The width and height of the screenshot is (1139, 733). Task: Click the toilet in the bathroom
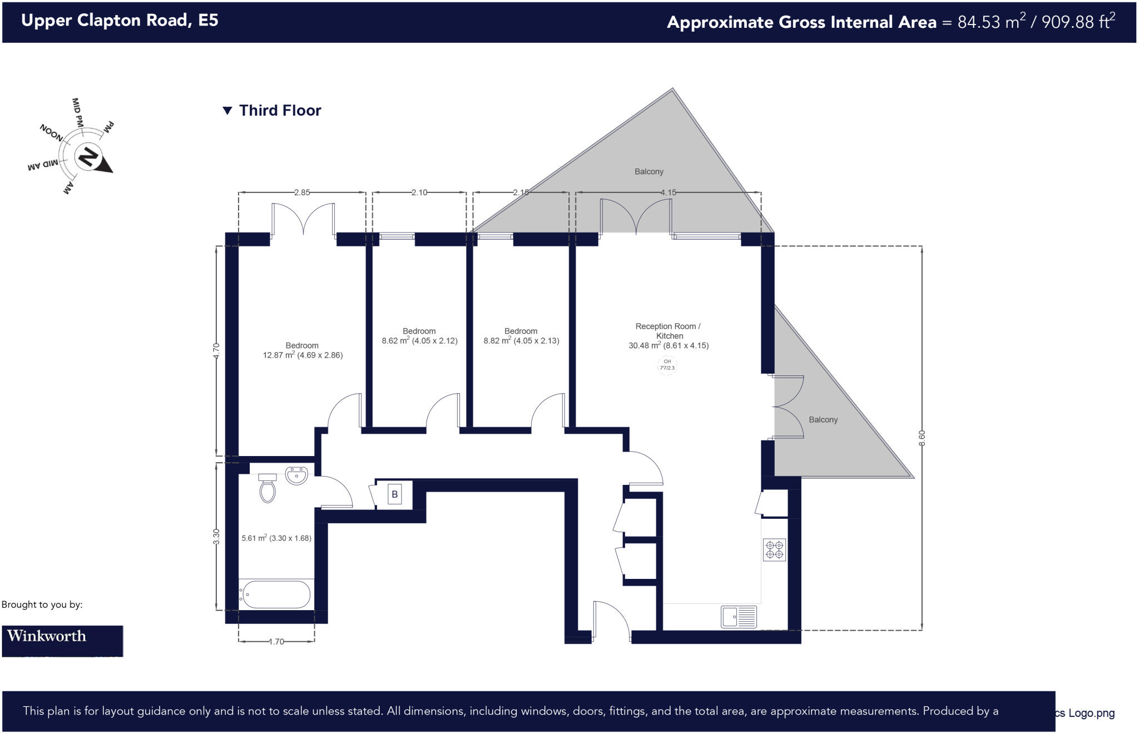pos(268,489)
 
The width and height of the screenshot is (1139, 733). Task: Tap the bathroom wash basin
pos(296,476)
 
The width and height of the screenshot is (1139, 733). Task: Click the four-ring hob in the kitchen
pos(774,549)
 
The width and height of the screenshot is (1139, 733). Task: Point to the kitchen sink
pos(739,617)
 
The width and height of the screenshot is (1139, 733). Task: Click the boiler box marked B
pos(394,494)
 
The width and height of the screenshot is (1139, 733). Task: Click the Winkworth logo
pos(62,640)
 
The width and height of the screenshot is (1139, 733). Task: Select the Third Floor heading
pos(280,111)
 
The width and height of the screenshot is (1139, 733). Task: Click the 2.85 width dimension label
pos(302,192)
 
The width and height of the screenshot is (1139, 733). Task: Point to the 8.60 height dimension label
pos(922,438)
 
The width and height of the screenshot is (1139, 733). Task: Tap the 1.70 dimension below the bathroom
pos(276,641)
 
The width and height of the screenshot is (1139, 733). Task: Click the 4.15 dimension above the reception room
pos(668,192)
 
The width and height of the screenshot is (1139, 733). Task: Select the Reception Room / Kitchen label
pos(668,331)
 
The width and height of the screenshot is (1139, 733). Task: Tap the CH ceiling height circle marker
pos(667,365)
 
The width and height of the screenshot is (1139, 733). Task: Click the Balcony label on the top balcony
pos(649,172)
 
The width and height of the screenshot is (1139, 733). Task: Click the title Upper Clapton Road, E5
pos(120,21)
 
